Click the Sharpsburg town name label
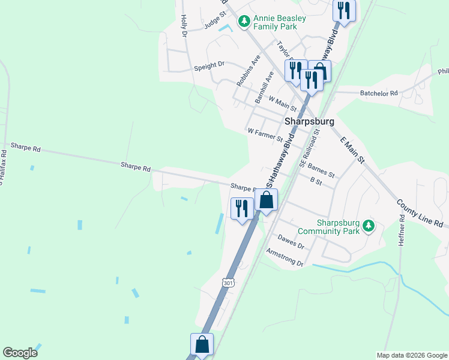309,121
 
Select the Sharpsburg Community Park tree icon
369,227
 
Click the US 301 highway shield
228,282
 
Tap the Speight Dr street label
209,65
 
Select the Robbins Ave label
248,71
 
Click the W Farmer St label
265,134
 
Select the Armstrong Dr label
285,259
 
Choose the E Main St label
352,150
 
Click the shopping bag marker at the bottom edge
202,344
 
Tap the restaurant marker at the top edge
344,10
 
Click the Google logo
20,353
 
